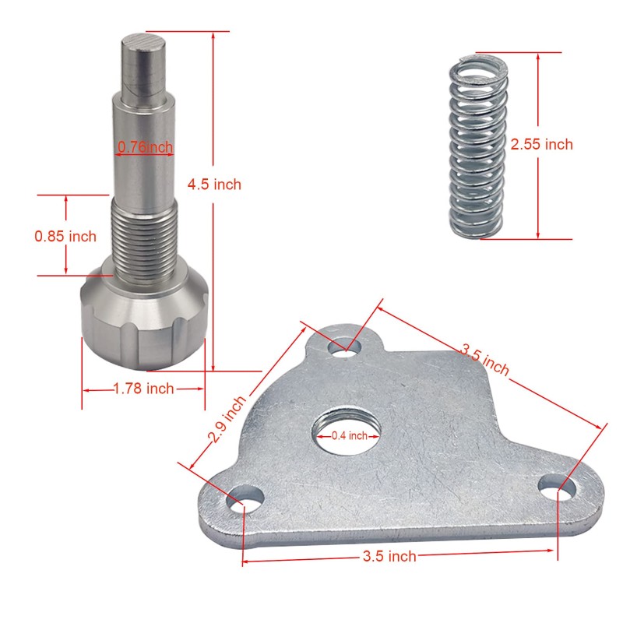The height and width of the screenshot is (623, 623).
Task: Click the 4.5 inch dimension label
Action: [214, 185]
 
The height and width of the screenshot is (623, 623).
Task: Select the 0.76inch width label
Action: [146, 146]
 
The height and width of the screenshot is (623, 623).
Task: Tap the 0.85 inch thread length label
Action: [65, 236]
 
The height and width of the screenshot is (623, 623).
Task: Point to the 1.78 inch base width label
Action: [144, 388]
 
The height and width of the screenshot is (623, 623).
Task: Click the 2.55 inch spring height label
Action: [541, 144]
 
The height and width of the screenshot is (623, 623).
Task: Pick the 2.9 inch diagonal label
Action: [227, 419]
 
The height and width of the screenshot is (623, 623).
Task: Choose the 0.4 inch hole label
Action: [349, 436]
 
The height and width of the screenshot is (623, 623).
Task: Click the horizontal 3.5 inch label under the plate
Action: [389, 556]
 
